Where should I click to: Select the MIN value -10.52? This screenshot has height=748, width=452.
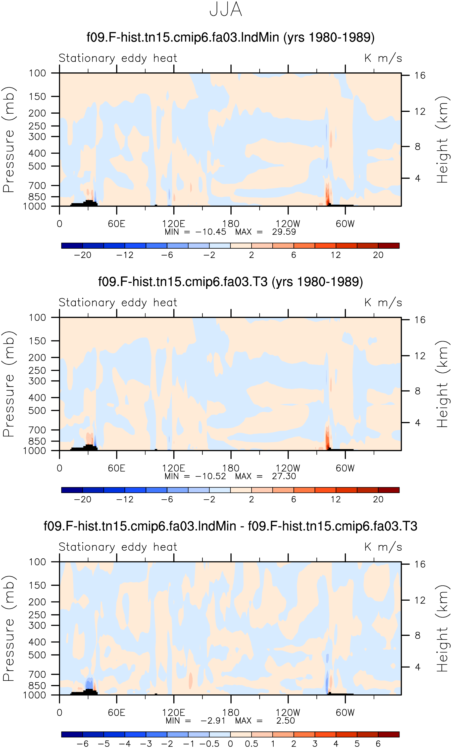pyautogui.click(x=211, y=476)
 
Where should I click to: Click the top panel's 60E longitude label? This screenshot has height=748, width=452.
pyautogui.click(x=117, y=224)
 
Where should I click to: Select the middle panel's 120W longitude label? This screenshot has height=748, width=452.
pyautogui.click(x=288, y=468)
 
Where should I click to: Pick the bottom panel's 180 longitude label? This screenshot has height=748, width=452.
pyautogui.click(x=231, y=713)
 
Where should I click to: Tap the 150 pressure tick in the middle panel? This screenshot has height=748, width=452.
pyautogui.click(x=37, y=341)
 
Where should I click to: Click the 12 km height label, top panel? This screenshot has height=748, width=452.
pyautogui.click(x=420, y=111)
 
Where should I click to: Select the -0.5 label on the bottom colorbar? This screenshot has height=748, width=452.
pyautogui.click(x=209, y=743)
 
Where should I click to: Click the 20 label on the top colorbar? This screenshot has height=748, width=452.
pyautogui.click(x=378, y=255)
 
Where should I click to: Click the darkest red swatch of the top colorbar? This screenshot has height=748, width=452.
pyautogui.click(x=389, y=246)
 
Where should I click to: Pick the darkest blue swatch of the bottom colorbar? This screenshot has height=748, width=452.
pyautogui.click(x=72, y=734)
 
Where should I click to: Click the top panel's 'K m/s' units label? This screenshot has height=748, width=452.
pyautogui.click(x=383, y=58)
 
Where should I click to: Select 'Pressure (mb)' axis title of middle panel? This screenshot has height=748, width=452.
pyautogui.click(x=9, y=384)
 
